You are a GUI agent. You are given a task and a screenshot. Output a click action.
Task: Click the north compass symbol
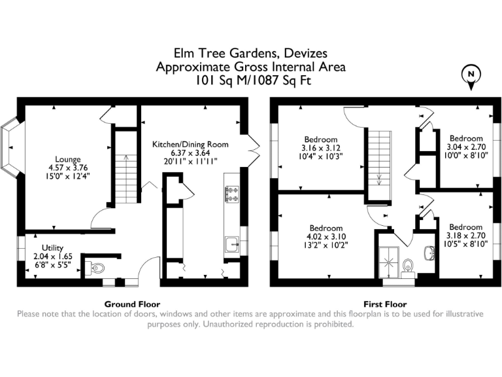(x=469, y=76)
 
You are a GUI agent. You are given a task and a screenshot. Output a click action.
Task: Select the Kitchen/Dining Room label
(x=190, y=144)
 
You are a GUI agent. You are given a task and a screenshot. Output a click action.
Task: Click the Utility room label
(x=52, y=247)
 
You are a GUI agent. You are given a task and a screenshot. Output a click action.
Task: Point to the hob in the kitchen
(x=231, y=193)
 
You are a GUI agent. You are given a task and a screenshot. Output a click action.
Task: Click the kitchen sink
(x=231, y=245)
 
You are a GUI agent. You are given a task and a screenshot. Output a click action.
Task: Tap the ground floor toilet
(x=95, y=267)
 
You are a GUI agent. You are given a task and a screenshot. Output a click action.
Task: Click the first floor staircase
(x=378, y=164)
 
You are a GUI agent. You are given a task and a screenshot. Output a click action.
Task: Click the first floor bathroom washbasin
(x=430, y=252)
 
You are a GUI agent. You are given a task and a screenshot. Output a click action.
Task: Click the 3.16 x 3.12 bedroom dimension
(x=320, y=148)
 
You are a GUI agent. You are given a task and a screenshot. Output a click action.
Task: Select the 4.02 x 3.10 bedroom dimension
(x=326, y=237)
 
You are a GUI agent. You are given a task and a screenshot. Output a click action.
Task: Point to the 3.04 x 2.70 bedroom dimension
(x=465, y=148)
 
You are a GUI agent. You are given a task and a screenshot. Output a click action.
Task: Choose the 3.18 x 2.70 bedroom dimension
(x=465, y=236)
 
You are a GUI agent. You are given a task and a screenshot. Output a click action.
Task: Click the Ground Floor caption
(x=133, y=304)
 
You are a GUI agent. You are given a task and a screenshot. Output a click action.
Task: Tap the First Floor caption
(x=385, y=304)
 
